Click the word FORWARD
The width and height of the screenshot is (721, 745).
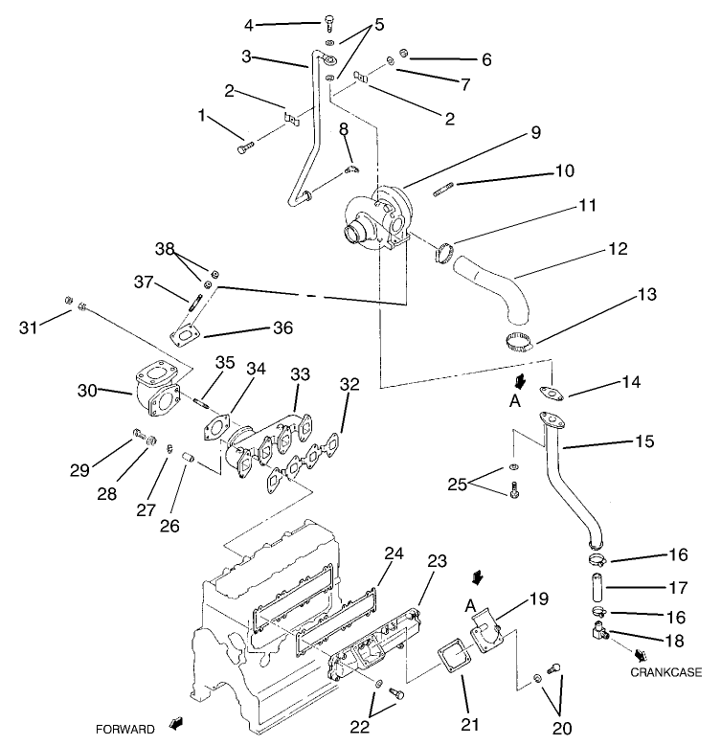[124, 730]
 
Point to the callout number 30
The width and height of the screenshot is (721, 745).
[88, 391]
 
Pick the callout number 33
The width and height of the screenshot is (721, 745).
[300, 372]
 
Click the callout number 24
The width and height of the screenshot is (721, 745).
[394, 553]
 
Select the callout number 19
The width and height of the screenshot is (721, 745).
[539, 600]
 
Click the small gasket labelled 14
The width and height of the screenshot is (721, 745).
[553, 392]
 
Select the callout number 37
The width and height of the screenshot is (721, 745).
[144, 282]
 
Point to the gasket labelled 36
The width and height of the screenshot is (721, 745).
[185, 334]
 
